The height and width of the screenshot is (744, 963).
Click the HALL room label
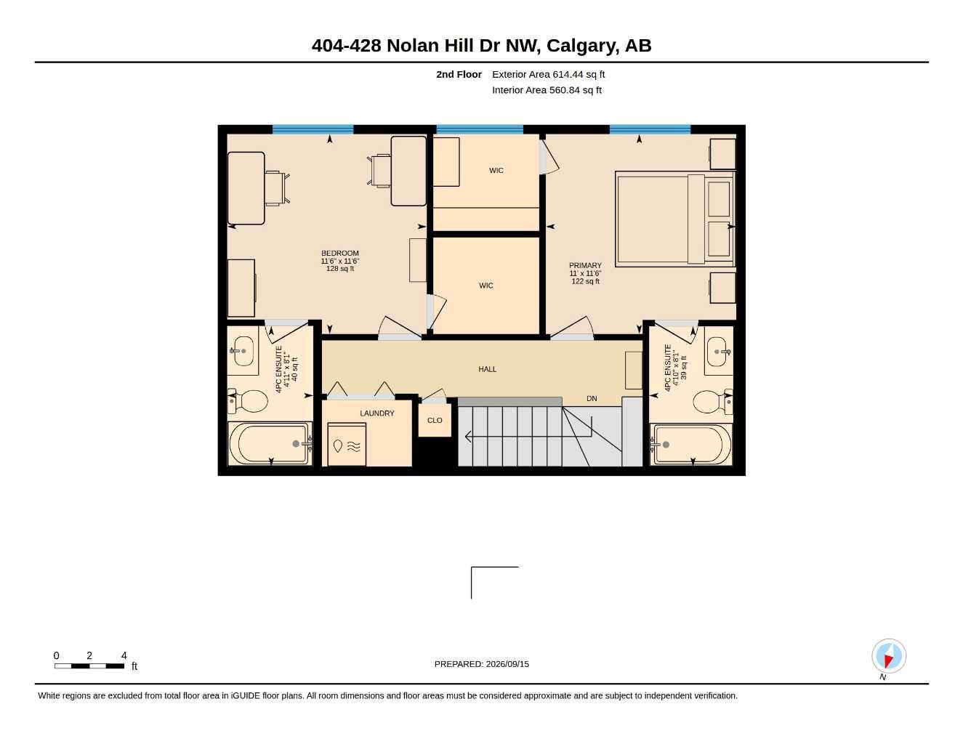click(487, 369)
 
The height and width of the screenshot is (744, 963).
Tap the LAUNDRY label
click(376, 413)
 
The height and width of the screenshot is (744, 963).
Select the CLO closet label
click(435, 420)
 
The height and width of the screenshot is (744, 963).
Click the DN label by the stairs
click(592, 399)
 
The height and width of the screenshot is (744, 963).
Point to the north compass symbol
click(889, 656)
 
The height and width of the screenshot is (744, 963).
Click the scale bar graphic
click(89, 666)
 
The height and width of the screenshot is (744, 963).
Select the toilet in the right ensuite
click(712, 402)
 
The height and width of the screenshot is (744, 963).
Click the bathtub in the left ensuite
click(270, 444)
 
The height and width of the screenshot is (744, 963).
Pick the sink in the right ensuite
click(718, 352)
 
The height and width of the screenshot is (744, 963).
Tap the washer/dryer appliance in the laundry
click(347, 444)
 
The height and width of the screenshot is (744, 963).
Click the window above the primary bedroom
click(650, 129)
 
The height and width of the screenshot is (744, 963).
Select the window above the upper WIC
click(480, 129)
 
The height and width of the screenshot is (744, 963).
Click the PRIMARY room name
click(585, 265)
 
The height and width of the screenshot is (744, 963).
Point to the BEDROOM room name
click(340, 254)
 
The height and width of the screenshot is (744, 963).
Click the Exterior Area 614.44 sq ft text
click(548, 74)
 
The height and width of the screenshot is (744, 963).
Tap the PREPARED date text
click(481, 664)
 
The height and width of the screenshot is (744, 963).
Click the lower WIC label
click(485, 286)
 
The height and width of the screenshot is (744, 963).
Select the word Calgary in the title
click(582, 46)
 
